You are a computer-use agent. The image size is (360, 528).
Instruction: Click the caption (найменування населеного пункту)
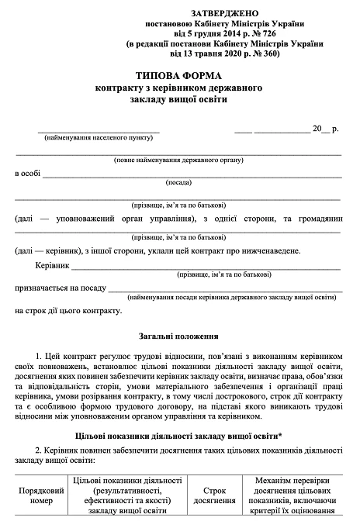pos(99,136)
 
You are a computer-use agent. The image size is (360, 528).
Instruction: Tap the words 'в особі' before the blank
pos(27,174)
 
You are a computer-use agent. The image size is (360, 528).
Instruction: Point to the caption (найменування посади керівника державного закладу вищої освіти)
pos(232,296)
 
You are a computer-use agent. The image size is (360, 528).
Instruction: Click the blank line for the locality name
pos(99,128)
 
